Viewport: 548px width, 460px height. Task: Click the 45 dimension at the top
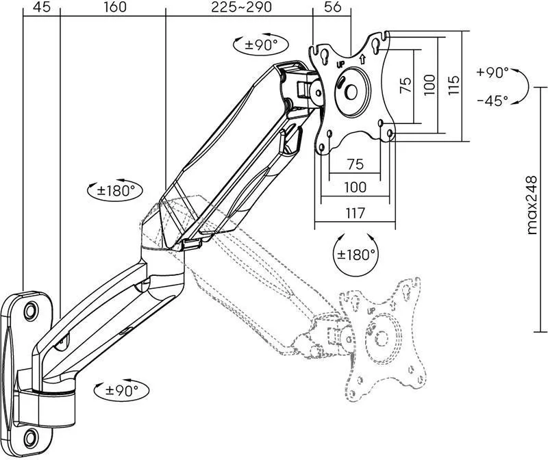tap(42, 7)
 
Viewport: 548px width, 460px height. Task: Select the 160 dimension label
tap(115, 7)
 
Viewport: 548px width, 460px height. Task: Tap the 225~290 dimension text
tap(241, 7)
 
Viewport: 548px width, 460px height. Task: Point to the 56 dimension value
tap(332, 7)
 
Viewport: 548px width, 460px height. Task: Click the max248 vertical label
tap(532, 205)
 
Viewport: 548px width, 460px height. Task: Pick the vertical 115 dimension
tap(453, 84)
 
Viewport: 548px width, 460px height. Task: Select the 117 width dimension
tap(355, 213)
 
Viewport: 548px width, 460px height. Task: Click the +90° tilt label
tap(493, 73)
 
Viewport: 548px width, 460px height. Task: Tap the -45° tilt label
tap(493, 101)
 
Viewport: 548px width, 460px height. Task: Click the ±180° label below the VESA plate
tap(356, 255)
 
